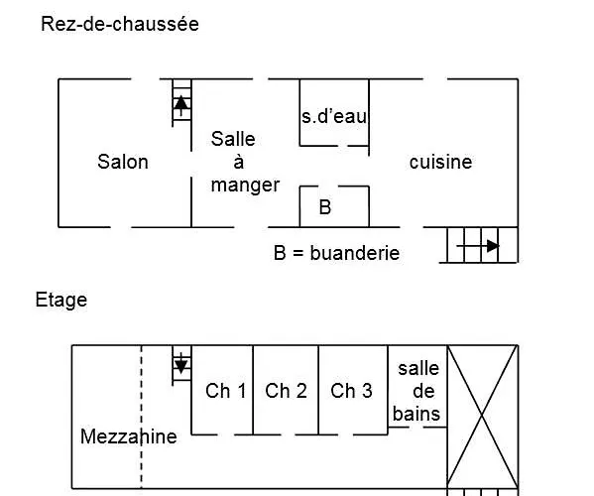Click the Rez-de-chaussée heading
click(x=119, y=24)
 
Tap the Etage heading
click(x=61, y=299)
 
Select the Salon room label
click(x=123, y=162)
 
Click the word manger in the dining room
click(x=245, y=185)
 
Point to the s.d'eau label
click(x=334, y=116)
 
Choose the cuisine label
click(x=440, y=162)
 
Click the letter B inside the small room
click(x=324, y=208)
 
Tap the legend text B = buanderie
click(x=336, y=253)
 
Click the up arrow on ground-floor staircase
click(x=181, y=100)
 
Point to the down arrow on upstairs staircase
click(x=181, y=364)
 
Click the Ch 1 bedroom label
click(x=225, y=391)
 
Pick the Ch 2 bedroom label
click(x=286, y=391)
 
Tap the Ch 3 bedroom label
click(x=351, y=391)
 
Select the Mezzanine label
click(x=129, y=436)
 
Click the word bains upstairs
click(x=417, y=414)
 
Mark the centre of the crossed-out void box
click(x=482, y=417)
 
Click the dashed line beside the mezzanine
click(x=141, y=397)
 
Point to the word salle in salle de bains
click(x=417, y=368)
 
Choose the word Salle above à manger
click(x=233, y=139)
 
